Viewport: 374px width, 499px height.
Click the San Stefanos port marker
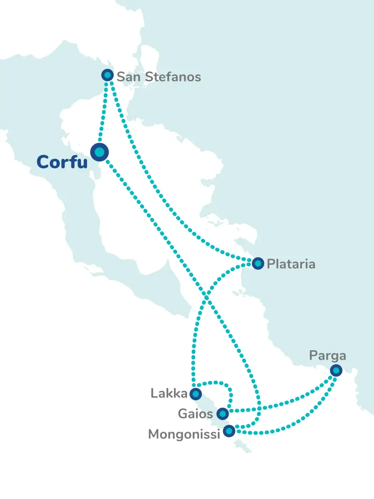point(108,75)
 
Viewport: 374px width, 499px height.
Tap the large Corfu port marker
point(99,152)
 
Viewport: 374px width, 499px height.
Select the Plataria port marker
point(258,264)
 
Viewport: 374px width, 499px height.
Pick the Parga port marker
point(336,370)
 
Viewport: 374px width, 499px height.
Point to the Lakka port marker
point(196,394)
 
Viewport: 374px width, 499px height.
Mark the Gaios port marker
point(223,413)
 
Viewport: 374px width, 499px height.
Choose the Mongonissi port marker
point(229,431)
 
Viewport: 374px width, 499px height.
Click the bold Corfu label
point(62,162)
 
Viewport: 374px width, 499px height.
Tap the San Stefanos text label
point(158,77)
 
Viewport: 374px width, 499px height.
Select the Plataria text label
point(291,264)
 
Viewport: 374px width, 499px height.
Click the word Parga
point(327,356)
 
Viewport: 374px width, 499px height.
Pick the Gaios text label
point(196,414)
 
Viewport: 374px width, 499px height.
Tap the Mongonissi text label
point(184,435)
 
